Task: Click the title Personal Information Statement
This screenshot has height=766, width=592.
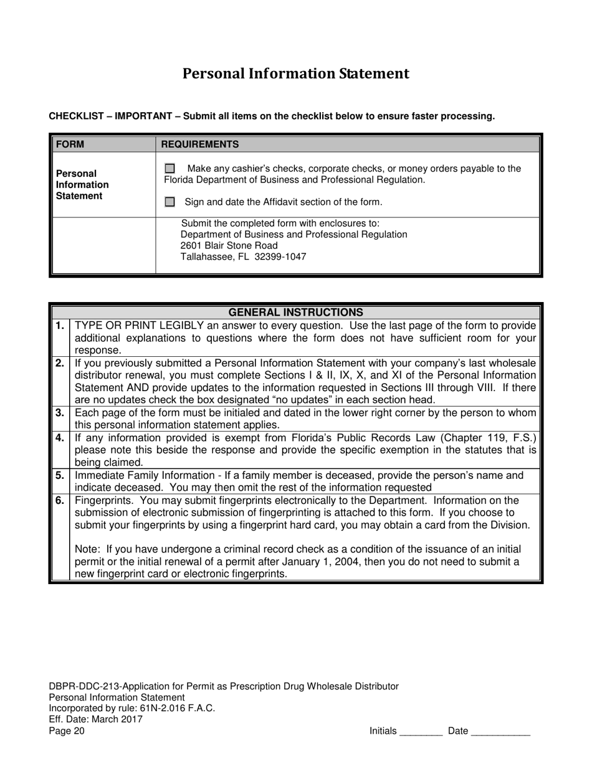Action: [295, 74]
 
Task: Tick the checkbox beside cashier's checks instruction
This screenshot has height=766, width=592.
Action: [169, 169]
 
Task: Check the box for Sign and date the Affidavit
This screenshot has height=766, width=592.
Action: [169, 202]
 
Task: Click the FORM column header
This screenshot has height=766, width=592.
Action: [70, 144]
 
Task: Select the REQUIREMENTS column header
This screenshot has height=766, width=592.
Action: [199, 144]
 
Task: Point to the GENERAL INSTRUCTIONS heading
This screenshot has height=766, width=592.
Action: [296, 312]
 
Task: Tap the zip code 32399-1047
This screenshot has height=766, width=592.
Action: [280, 257]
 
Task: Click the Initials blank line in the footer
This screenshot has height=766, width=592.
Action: [421, 732]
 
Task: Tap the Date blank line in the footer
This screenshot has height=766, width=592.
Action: [500, 732]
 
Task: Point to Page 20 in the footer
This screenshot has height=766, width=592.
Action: [66, 731]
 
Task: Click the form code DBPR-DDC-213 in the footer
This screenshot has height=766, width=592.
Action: [83, 686]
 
